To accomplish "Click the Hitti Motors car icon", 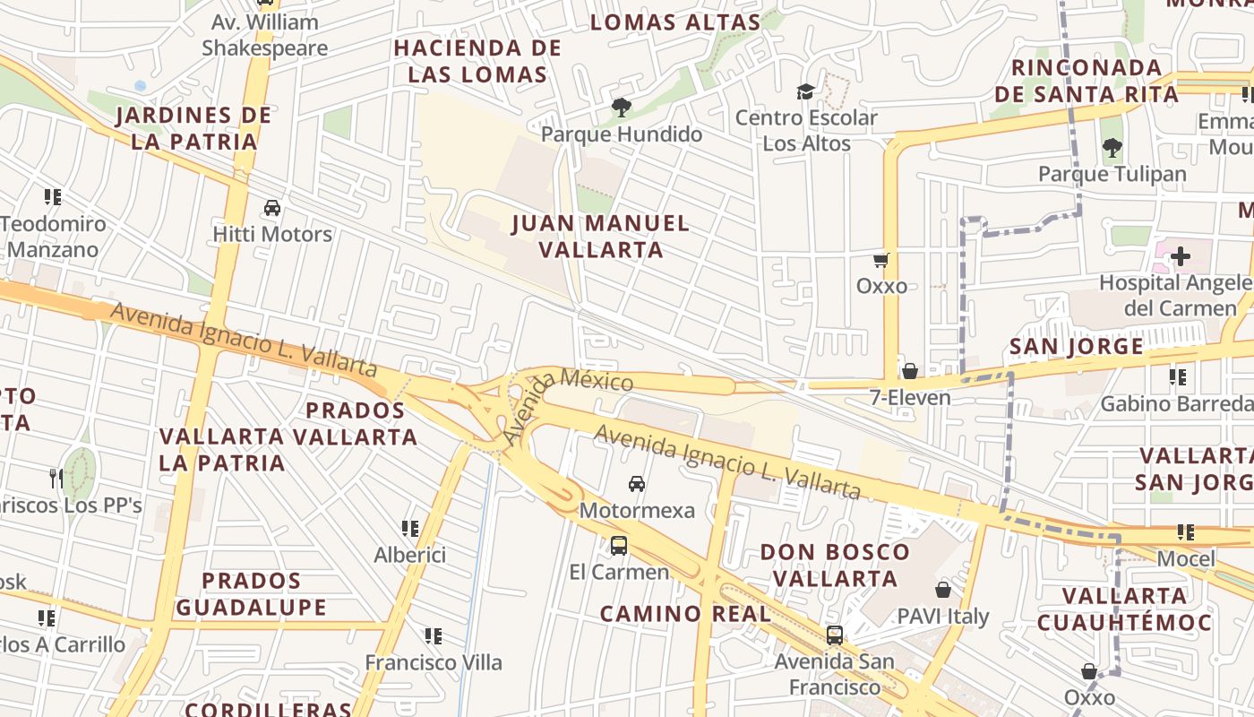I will (272, 208).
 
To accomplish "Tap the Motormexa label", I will (637, 510).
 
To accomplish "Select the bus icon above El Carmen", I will (618, 545).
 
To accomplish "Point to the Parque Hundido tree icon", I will (621, 108).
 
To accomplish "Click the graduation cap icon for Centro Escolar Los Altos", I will (805, 91).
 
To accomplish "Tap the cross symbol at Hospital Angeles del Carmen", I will (1180, 256).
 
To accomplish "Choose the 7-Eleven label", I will (910, 397).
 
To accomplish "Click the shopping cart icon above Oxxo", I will (881, 260).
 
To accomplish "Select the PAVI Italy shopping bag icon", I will (942, 590).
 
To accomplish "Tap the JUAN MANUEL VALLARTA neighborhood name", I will (600, 236).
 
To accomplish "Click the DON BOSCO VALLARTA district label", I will (835, 565).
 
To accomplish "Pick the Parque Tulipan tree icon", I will (1112, 147).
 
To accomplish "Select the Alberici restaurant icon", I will (410, 529).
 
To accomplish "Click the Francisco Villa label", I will (434, 662).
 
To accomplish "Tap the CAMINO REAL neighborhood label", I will (685, 614).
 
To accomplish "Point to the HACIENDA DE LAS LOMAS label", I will (477, 61).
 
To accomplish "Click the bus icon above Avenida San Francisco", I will (834, 635).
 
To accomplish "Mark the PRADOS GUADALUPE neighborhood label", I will (251, 593).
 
